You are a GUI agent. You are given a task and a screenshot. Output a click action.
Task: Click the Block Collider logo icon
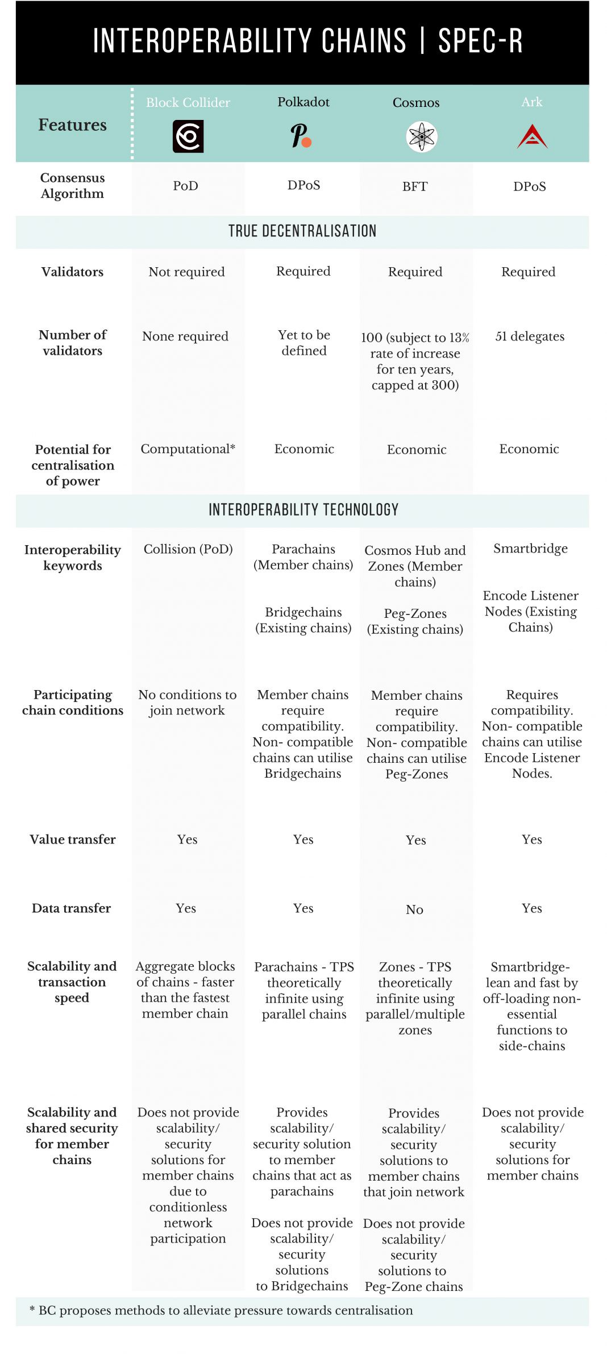pos(188,136)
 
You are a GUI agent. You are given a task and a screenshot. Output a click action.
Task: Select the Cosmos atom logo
pos(422,136)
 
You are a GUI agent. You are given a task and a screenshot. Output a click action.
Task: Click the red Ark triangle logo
pos(532,137)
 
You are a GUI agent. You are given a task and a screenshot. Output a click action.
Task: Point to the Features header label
pos(72,124)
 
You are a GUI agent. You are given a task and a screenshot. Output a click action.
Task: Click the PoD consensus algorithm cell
pos(185,186)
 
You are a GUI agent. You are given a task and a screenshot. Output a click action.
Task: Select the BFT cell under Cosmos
pos(415,186)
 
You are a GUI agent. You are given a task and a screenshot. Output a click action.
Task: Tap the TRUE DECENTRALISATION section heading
pos(302,231)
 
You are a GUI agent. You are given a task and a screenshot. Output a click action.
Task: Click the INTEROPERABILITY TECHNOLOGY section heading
pos(303,509)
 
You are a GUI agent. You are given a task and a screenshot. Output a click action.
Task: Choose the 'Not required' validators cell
pos(186,272)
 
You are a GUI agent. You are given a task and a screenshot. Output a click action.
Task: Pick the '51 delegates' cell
pos(530,336)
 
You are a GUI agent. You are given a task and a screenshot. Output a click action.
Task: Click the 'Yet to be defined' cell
pos(304,343)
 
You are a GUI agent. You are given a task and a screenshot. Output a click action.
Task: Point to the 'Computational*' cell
pos(188,448)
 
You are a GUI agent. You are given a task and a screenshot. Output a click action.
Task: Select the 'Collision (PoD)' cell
pos(188,549)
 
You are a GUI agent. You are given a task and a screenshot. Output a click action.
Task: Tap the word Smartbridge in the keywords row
pos(530,548)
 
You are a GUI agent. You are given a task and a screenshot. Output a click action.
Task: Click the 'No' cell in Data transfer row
pos(414,909)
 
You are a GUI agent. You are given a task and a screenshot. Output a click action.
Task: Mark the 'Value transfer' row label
pos(72,839)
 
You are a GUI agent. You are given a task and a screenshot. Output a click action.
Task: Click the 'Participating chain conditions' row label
pos(72,702)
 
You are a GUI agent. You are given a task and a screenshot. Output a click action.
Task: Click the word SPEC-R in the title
pos(480,41)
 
